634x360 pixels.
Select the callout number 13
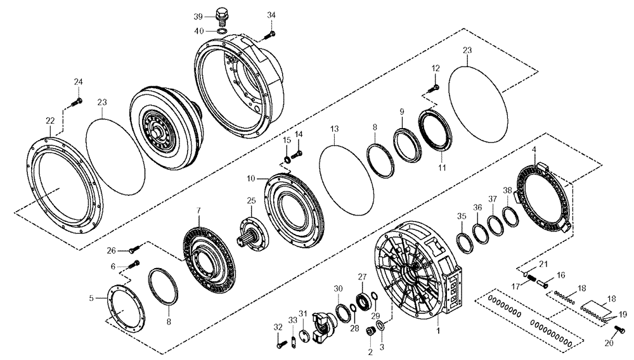pos(335,129)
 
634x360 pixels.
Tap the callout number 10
pos(252,179)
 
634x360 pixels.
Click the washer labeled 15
pos(287,158)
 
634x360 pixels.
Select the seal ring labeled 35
pos(463,241)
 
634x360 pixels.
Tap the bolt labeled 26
pos(134,250)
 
